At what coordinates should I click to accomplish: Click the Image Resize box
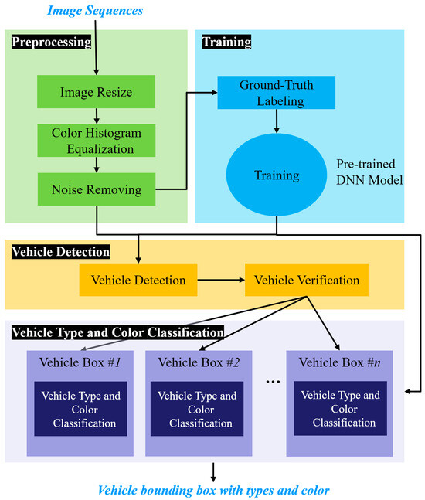click(x=96, y=94)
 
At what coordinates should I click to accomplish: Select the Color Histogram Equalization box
click(x=96, y=140)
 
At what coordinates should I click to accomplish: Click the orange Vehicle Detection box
click(x=138, y=280)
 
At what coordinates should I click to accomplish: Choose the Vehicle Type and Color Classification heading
click(x=117, y=333)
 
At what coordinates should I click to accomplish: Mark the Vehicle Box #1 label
click(x=80, y=362)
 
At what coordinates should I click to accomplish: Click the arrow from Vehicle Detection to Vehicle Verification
click(x=220, y=280)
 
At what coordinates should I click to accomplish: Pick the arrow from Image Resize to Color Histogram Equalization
click(x=97, y=117)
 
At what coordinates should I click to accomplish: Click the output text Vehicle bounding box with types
click(x=212, y=490)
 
